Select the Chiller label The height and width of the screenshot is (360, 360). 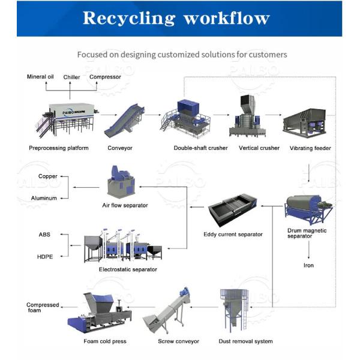click(72, 77)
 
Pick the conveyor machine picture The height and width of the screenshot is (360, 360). click(124, 121)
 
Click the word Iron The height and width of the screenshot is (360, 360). click(308, 265)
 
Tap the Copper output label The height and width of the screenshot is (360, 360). click(48, 176)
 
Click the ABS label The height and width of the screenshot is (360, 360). click(45, 235)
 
